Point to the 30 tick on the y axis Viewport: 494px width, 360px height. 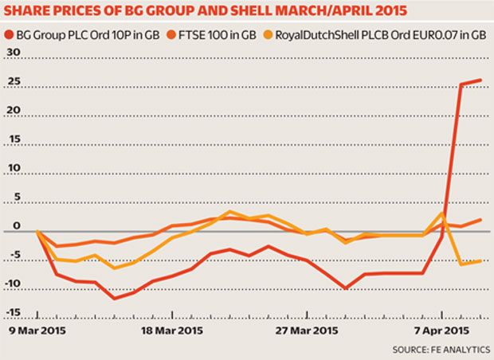pos(11,53)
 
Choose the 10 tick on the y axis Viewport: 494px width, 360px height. pos(11,171)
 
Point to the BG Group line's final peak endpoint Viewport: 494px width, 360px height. pos(480,80)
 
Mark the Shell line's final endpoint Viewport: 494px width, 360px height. pos(480,260)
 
